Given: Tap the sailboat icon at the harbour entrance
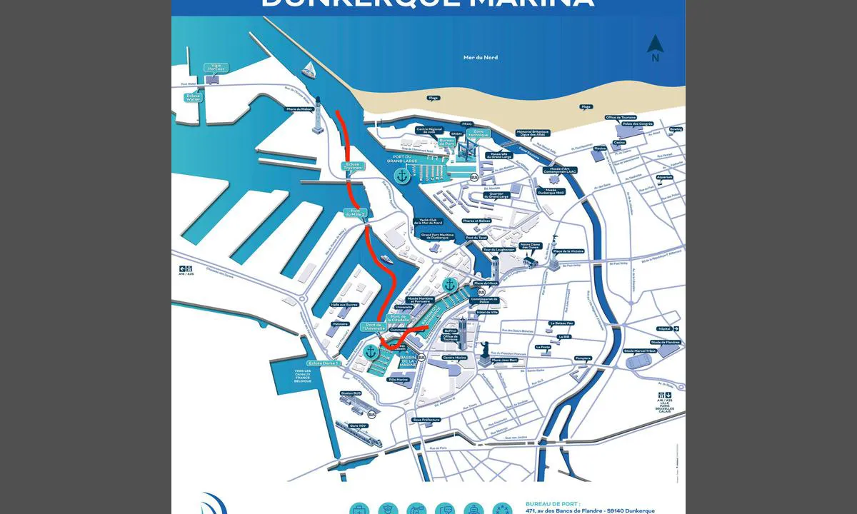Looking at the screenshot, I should tap(309, 69).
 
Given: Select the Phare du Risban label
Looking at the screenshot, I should tap(300, 109).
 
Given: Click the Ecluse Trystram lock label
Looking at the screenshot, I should tap(354, 166).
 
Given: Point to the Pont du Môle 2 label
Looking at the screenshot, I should tap(356, 213).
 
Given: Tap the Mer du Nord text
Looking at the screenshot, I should tap(481, 57).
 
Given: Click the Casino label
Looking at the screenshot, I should tap(619, 142).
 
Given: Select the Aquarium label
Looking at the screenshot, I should tap(664, 177).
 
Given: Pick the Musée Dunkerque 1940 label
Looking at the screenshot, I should tap(551, 191).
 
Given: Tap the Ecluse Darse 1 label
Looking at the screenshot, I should tap(324, 363).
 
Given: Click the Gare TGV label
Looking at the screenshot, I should tap(353, 426).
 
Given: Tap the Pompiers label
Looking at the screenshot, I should tap(583, 358).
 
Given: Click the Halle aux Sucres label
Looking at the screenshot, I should tap(344, 304).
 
